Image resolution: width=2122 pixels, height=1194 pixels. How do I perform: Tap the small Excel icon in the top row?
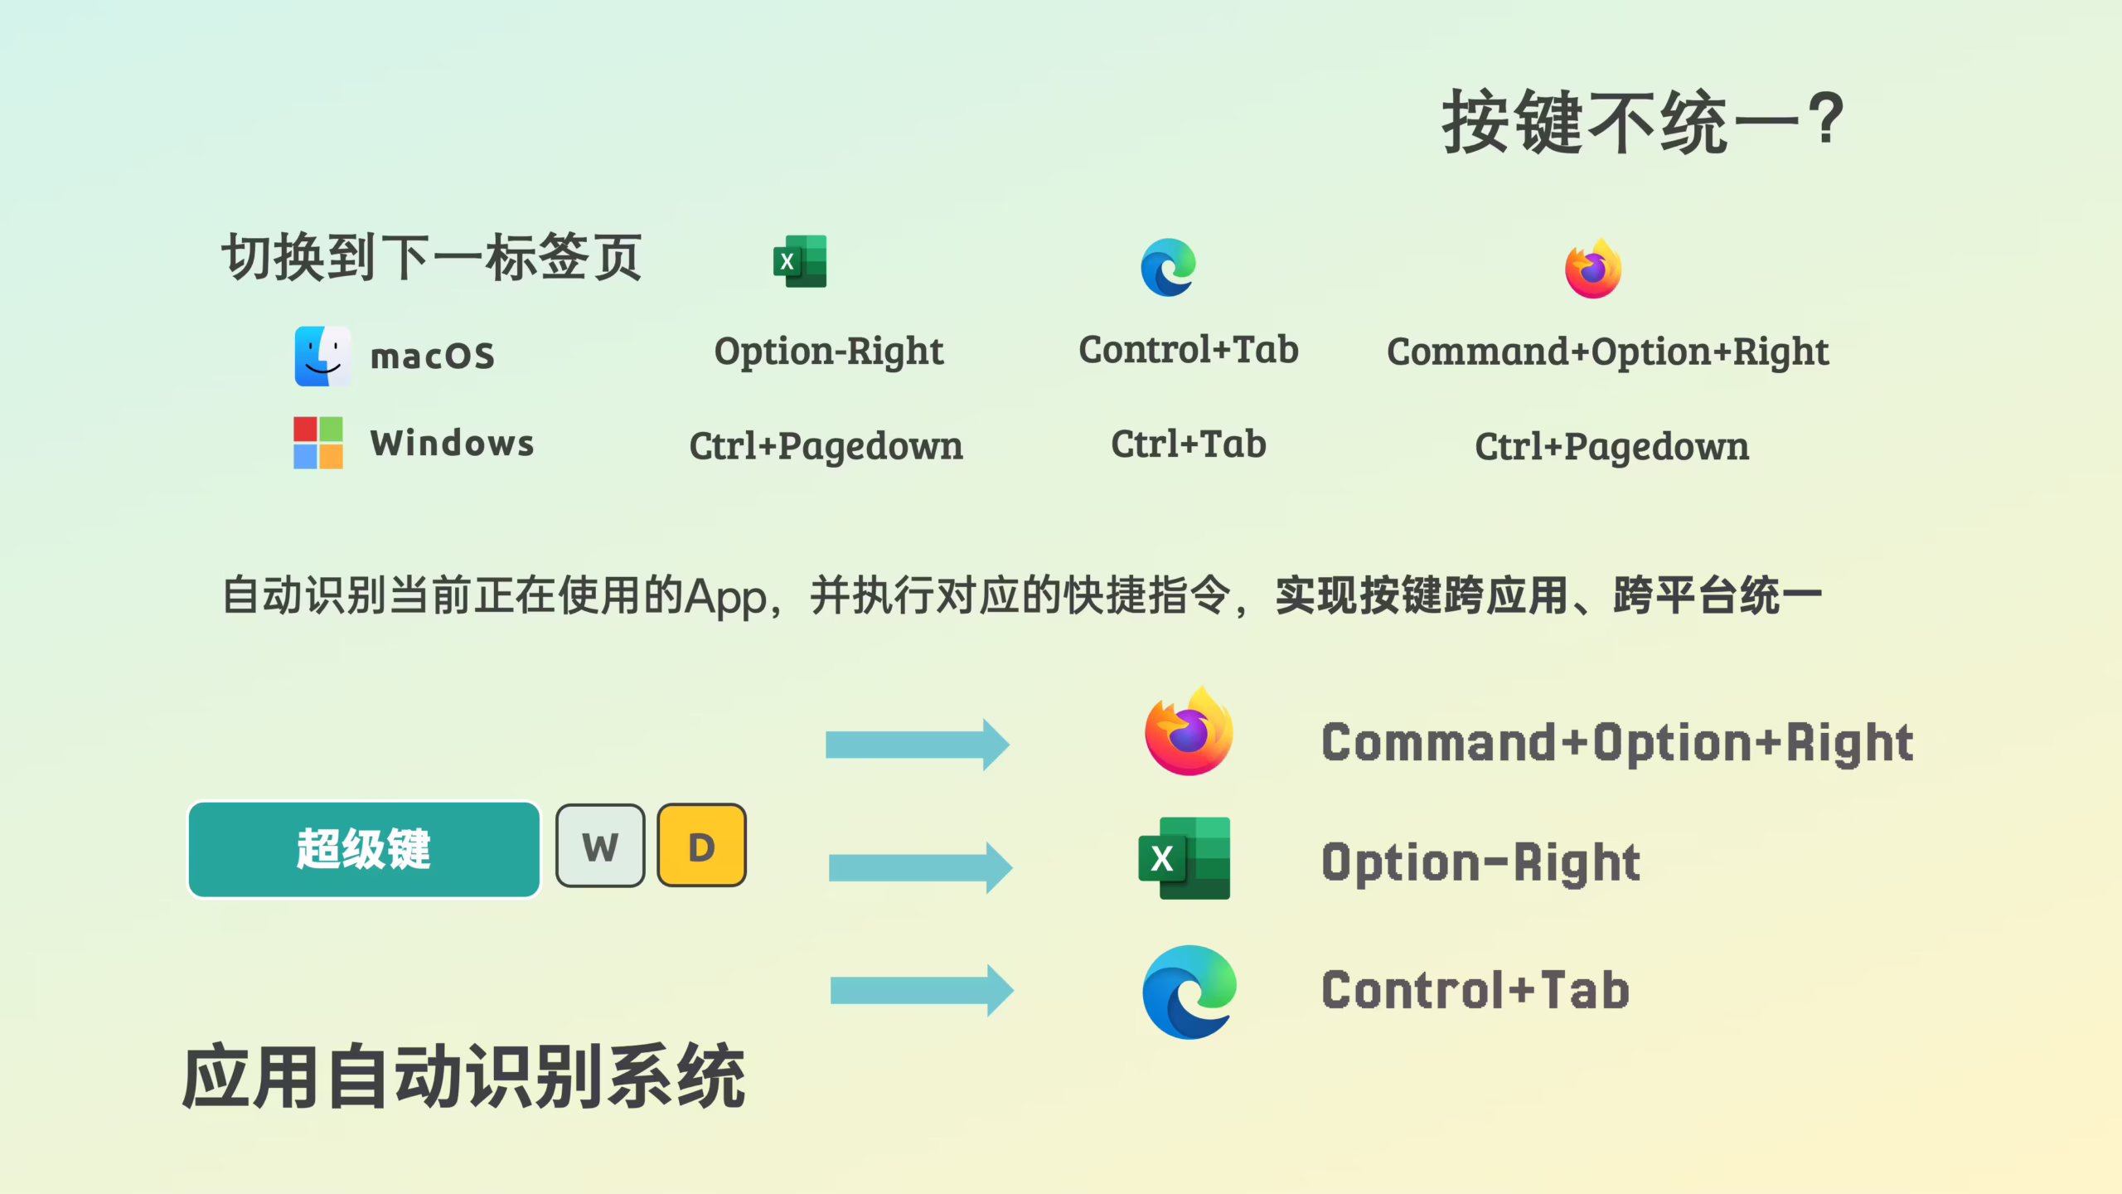tap(800, 262)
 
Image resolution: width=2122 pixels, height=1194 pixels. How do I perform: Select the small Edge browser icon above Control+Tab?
tap(1168, 268)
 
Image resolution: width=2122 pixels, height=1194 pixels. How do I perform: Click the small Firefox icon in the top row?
tap(1592, 269)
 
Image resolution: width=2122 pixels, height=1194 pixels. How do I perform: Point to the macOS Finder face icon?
tap(322, 357)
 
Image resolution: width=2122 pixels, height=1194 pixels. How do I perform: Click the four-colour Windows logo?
tap(318, 443)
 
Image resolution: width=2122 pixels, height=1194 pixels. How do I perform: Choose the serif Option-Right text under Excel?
tap(828, 352)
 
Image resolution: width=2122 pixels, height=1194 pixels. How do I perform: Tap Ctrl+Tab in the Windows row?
tap(1188, 444)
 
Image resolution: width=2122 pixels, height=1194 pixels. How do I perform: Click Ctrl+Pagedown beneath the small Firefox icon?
tap(1611, 447)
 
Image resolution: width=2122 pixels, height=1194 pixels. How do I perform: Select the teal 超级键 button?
tap(364, 849)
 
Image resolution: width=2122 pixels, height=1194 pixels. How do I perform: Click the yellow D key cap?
tap(701, 846)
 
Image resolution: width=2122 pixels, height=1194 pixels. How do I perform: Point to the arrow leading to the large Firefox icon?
tap(917, 745)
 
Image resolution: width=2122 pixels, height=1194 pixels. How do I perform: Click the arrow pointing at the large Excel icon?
tap(920, 867)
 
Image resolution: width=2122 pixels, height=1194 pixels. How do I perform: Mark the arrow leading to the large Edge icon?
tap(921, 990)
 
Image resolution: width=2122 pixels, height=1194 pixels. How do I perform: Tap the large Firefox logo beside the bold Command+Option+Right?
tap(1189, 733)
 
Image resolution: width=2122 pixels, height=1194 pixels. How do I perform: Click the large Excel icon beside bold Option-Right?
tap(1185, 859)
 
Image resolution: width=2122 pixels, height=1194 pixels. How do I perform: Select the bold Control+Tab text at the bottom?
tap(1475, 990)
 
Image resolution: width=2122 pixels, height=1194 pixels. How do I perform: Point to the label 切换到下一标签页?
tap(431, 257)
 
